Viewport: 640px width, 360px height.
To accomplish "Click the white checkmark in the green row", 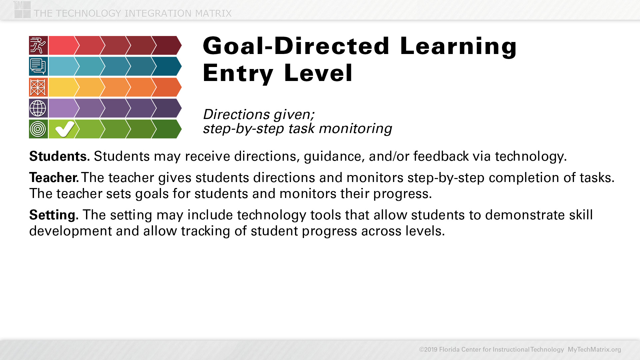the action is [65, 129].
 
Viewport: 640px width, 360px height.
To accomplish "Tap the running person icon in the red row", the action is [38, 45].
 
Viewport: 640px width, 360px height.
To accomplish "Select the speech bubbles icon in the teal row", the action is [38, 66].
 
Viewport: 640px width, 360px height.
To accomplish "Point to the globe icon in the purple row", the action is [38, 108].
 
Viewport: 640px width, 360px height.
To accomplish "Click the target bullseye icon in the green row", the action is [38, 129].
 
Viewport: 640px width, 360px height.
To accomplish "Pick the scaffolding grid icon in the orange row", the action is [38, 87].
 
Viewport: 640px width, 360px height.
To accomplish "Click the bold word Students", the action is [59, 156].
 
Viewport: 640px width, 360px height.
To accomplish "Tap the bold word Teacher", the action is [54, 178].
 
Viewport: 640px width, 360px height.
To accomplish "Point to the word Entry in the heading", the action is [238, 73].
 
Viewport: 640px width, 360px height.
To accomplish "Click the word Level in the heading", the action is [318, 73].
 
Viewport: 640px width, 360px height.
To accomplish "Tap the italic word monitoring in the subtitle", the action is [355, 129].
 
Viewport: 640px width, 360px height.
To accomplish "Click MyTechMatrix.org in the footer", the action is [594, 349].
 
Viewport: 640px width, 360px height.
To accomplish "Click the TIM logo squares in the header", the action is [22, 10].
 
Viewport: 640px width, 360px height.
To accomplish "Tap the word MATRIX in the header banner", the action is [213, 13].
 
